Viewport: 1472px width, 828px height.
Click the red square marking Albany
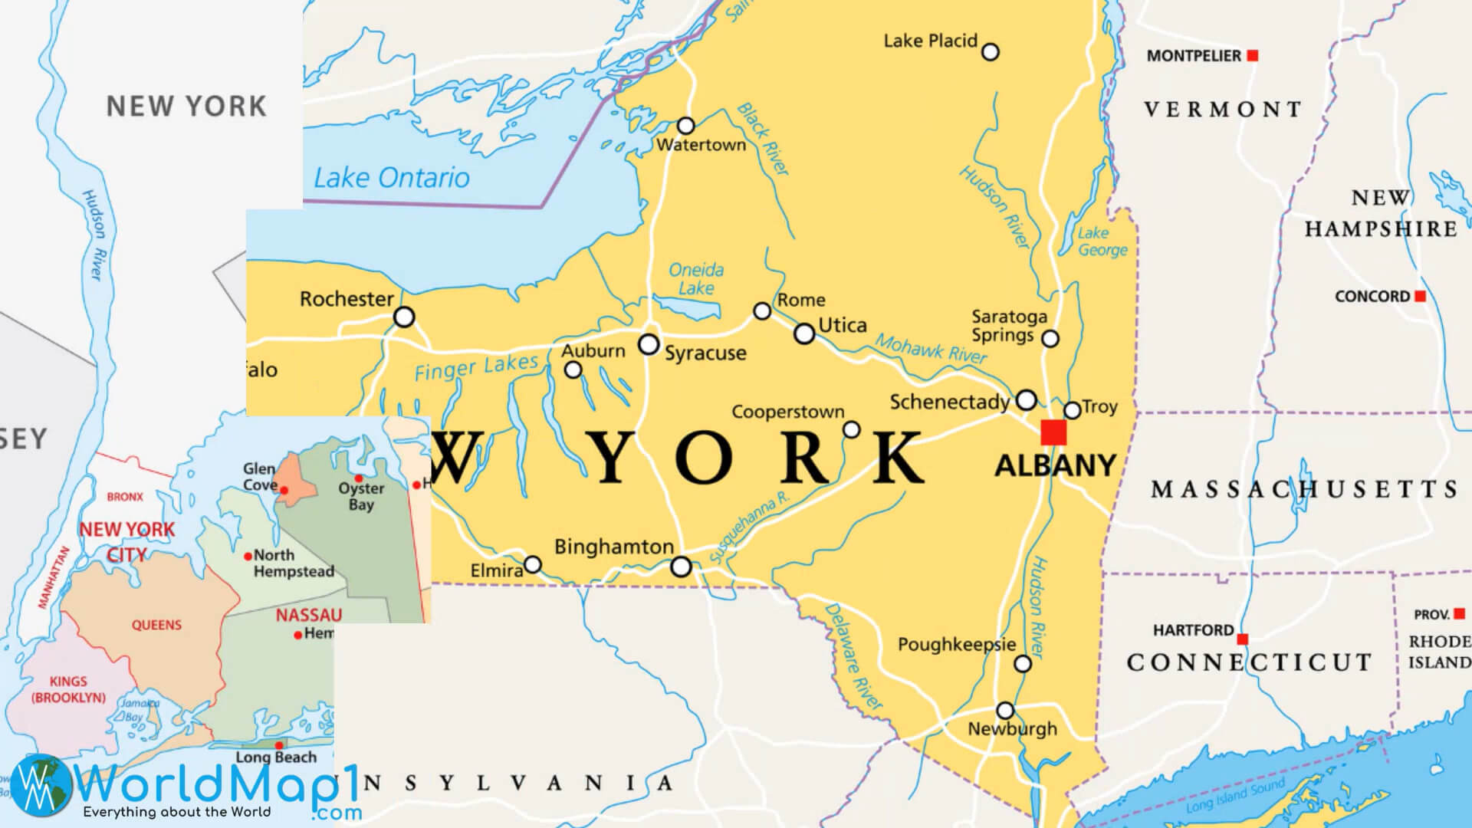click(1053, 432)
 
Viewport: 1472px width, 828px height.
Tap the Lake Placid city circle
click(991, 52)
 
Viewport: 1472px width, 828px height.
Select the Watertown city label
click(701, 145)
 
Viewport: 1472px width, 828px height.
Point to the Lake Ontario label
click(392, 178)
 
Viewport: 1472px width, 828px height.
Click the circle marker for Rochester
click(404, 317)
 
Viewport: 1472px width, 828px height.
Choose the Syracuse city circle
click(649, 344)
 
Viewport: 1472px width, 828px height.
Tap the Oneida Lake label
click(696, 279)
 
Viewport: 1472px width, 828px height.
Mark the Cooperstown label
click(787, 412)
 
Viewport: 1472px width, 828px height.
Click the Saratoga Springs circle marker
click(1050, 338)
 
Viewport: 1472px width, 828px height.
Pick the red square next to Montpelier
click(1252, 55)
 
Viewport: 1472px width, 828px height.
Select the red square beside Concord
click(1420, 296)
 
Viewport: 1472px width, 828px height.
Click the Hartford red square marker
click(1242, 639)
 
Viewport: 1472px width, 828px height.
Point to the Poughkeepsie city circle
click(1023, 664)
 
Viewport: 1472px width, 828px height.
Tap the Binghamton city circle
click(681, 567)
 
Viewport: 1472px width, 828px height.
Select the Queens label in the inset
click(156, 625)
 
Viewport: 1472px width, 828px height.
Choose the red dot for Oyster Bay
click(358, 478)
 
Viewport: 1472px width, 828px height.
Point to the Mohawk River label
click(932, 348)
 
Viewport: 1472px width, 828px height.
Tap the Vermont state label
click(1223, 110)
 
